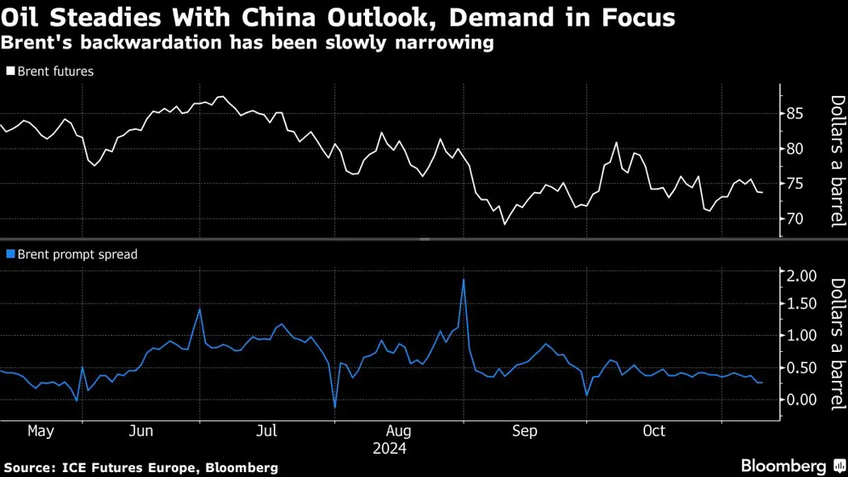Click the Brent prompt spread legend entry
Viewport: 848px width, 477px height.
coord(77,254)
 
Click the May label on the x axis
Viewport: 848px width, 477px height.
coord(40,431)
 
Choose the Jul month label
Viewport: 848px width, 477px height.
coord(267,431)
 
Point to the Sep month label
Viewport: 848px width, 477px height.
coord(524,431)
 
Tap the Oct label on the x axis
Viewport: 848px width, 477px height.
coord(654,431)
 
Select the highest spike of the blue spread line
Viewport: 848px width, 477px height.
coord(464,280)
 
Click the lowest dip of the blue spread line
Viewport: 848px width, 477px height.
coord(334,407)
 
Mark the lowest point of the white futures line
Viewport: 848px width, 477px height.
coord(505,224)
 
